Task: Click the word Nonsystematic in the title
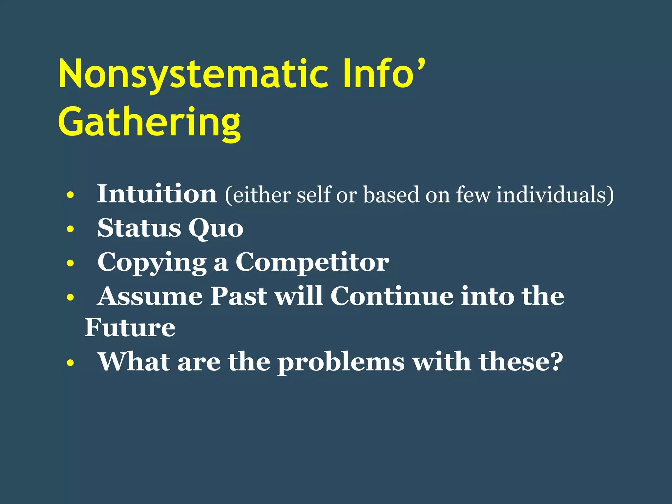(x=194, y=75)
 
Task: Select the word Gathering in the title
(x=150, y=123)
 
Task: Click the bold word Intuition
(x=157, y=194)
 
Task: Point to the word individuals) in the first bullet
(x=555, y=195)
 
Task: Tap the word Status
(x=139, y=228)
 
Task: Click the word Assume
(x=150, y=296)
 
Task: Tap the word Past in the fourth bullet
(x=239, y=296)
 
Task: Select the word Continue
(x=392, y=296)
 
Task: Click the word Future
(x=130, y=328)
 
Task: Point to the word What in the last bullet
(x=134, y=362)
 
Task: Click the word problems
(x=341, y=363)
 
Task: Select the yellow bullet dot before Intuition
(x=70, y=196)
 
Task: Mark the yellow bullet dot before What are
(x=70, y=363)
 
